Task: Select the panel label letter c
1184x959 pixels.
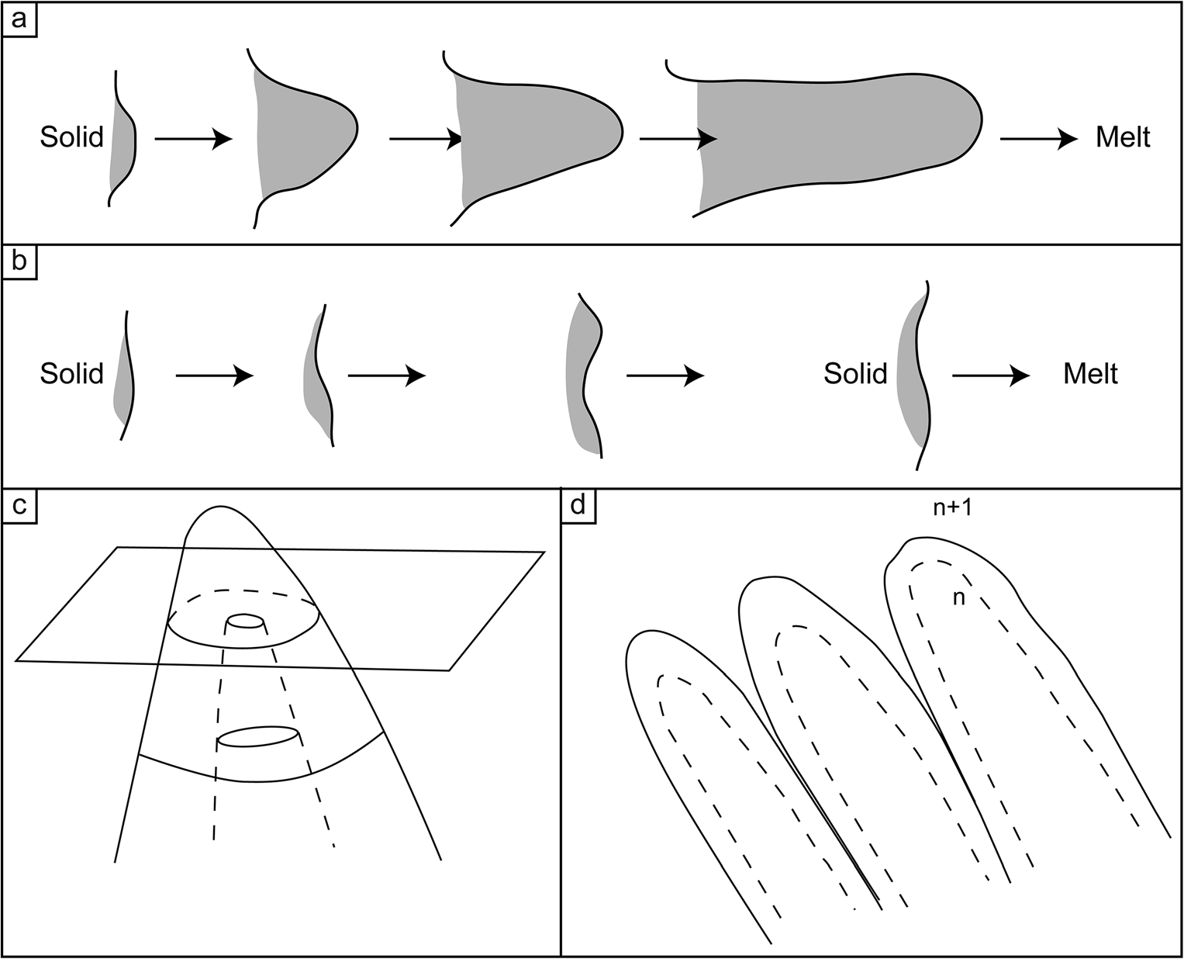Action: (x=17, y=504)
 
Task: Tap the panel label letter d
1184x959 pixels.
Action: (x=578, y=504)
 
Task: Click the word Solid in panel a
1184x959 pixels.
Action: (x=72, y=138)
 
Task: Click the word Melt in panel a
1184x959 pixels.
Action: (x=1123, y=138)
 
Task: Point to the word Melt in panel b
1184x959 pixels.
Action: (x=1090, y=375)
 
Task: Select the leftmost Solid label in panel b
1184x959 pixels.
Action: (x=72, y=375)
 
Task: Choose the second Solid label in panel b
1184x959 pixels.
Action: (x=855, y=375)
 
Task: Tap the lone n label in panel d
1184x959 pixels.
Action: (x=958, y=598)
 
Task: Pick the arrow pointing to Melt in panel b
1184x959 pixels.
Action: (x=991, y=376)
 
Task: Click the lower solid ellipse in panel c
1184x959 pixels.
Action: (x=258, y=736)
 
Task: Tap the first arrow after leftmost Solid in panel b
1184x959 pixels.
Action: (x=215, y=376)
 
